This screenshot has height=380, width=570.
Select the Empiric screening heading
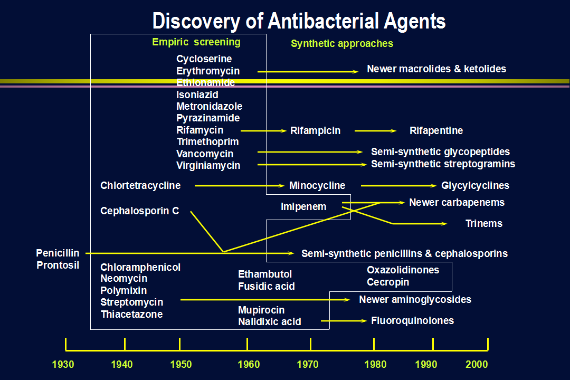(x=196, y=42)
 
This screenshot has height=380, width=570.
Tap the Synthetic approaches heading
(x=342, y=44)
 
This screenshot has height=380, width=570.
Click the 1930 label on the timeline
(x=63, y=364)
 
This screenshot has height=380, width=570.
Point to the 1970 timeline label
(x=308, y=364)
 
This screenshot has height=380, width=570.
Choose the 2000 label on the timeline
(x=477, y=364)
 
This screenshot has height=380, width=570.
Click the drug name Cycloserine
(x=204, y=59)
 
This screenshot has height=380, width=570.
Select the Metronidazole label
(x=210, y=107)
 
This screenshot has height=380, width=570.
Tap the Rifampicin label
(x=316, y=131)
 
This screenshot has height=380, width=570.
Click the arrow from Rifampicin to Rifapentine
(x=376, y=131)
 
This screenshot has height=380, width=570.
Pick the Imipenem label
(x=303, y=207)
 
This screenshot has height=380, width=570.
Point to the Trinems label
(x=484, y=224)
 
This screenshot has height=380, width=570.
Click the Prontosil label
(x=58, y=265)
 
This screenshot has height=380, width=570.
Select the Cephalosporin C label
(x=139, y=211)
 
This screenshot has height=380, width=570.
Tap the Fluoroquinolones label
(x=413, y=321)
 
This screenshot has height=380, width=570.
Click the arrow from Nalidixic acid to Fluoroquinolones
(x=344, y=321)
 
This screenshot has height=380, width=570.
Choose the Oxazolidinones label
(x=403, y=270)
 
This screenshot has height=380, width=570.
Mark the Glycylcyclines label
(x=475, y=186)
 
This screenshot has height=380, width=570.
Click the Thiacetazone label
(x=131, y=315)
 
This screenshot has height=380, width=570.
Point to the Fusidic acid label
(x=267, y=287)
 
